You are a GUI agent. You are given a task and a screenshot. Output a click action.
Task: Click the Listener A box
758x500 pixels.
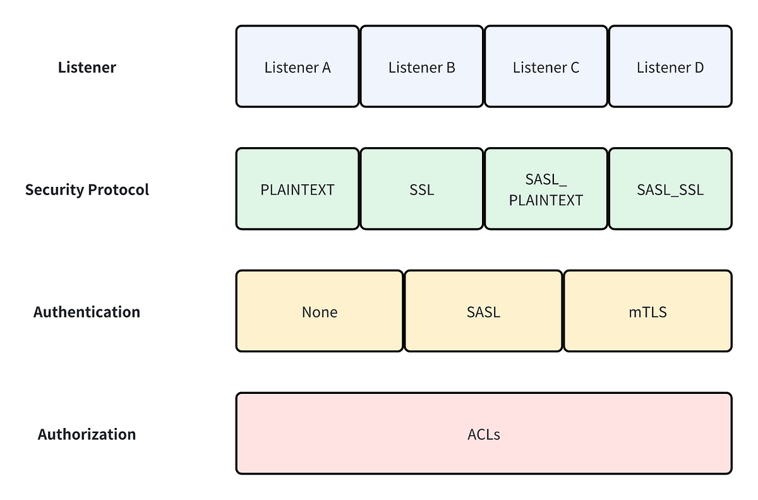tap(298, 67)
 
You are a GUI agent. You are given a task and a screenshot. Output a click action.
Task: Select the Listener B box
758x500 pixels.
tap(421, 67)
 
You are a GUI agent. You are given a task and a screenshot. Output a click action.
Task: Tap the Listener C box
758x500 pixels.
tap(546, 67)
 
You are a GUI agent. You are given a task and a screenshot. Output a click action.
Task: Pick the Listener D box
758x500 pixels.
tap(670, 67)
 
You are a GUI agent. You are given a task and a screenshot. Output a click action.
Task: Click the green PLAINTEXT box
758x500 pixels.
tap(298, 189)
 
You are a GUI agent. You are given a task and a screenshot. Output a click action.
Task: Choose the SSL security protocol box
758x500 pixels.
tap(421, 189)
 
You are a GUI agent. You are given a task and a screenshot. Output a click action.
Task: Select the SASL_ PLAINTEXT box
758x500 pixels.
tap(546, 189)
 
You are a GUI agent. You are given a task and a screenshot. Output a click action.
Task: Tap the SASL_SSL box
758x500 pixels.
tap(670, 189)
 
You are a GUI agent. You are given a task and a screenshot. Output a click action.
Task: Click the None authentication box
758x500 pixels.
tap(319, 312)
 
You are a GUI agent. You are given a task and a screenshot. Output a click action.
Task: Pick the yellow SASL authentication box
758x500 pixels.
tap(483, 312)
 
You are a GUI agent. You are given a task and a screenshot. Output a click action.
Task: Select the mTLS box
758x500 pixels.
tap(648, 312)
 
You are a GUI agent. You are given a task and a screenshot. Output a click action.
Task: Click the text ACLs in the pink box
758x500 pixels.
tap(484, 434)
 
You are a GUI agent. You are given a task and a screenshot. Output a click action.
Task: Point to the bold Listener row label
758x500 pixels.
tap(87, 68)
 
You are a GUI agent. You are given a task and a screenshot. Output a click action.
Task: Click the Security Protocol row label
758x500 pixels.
tap(87, 189)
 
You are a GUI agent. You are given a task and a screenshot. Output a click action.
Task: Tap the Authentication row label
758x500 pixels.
tap(87, 312)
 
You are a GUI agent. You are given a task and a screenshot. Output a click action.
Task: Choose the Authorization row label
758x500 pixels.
tap(87, 434)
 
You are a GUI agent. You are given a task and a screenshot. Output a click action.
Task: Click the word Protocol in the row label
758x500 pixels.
tap(120, 189)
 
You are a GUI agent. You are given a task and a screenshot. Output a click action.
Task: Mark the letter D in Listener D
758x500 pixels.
tap(699, 67)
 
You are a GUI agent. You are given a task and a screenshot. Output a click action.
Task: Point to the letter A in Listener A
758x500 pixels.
tap(326, 67)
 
